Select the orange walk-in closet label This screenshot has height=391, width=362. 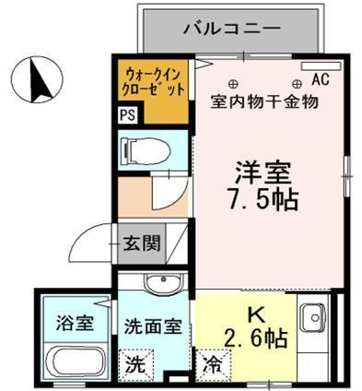(x=155, y=81)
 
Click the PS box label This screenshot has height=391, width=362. (x=127, y=117)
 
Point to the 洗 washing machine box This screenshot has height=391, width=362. (x=135, y=363)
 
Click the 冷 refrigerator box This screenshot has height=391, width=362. (x=211, y=363)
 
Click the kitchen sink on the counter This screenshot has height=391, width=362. (x=312, y=313)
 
